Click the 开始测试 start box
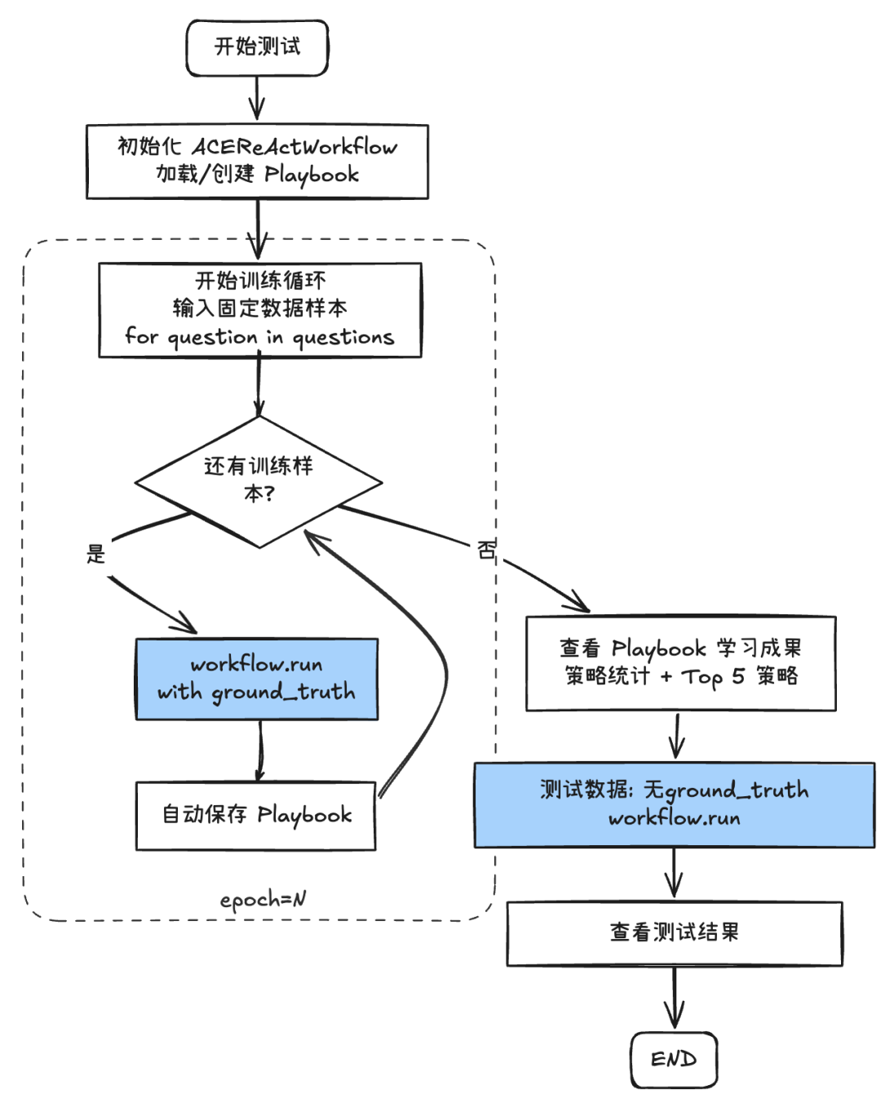coord(257,47)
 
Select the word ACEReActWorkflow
coord(294,147)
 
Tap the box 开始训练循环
coord(259,309)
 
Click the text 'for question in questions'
coord(259,337)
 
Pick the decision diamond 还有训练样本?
coord(259,481)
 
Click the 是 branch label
coord(96,555)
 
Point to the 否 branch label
coord(486,550)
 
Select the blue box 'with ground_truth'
coord(256,679)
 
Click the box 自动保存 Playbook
coord(255,815)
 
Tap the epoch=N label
coord(263,899)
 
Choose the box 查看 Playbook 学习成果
coord(680,662)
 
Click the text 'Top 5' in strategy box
coord(713,676)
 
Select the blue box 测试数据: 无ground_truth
coord(674,804)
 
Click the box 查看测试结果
coord(674,932)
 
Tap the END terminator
coord(674,1059)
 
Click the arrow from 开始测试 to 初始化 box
coord(257,100)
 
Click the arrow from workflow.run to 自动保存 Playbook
coord(260,751)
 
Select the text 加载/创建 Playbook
coord(258,175)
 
